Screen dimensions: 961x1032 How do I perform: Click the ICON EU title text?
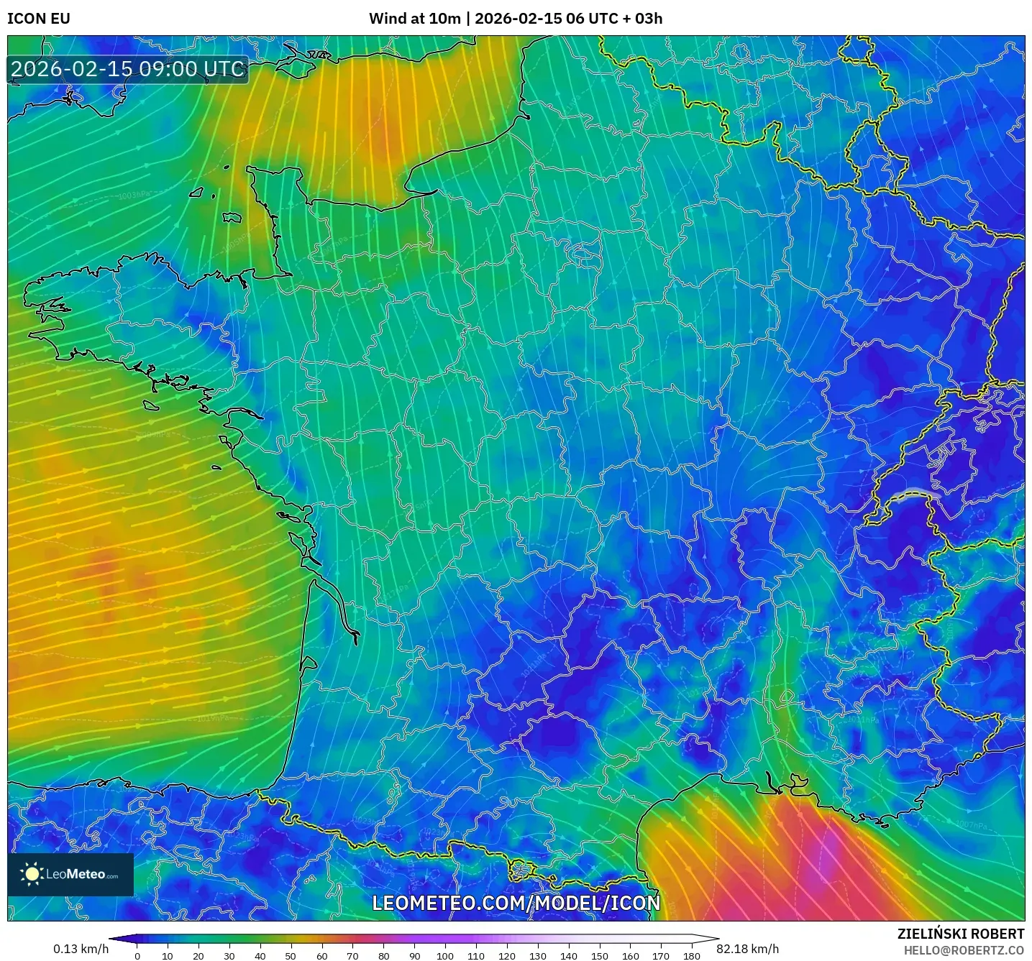coord(39,19)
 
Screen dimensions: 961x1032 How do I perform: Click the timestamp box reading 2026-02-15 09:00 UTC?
coord(128,69)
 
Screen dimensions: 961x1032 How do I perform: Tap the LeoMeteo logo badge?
coord(70,874)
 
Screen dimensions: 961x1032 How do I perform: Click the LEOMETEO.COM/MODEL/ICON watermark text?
coord(516,903)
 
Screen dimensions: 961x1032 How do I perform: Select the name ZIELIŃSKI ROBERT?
coord(961,934)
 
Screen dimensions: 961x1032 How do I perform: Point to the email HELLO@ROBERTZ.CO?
coord(964,950)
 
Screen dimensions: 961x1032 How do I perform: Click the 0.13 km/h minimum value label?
coord(81,949)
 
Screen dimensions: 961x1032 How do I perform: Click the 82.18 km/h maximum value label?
coord(748,949)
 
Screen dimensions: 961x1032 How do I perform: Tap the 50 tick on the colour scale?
coord(291,956)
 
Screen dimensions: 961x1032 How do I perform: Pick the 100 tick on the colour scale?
coord(445,956)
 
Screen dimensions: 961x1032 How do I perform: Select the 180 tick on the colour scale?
coord(692,956)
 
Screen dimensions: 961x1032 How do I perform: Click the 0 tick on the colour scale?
coord(137,956)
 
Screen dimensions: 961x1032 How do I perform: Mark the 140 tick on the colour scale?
coord(569,956)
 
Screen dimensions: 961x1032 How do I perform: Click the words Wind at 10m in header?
coord(414,19)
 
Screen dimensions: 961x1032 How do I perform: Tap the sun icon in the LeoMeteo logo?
coord(32,874)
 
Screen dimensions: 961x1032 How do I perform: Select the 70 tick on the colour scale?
coord(352,956)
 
